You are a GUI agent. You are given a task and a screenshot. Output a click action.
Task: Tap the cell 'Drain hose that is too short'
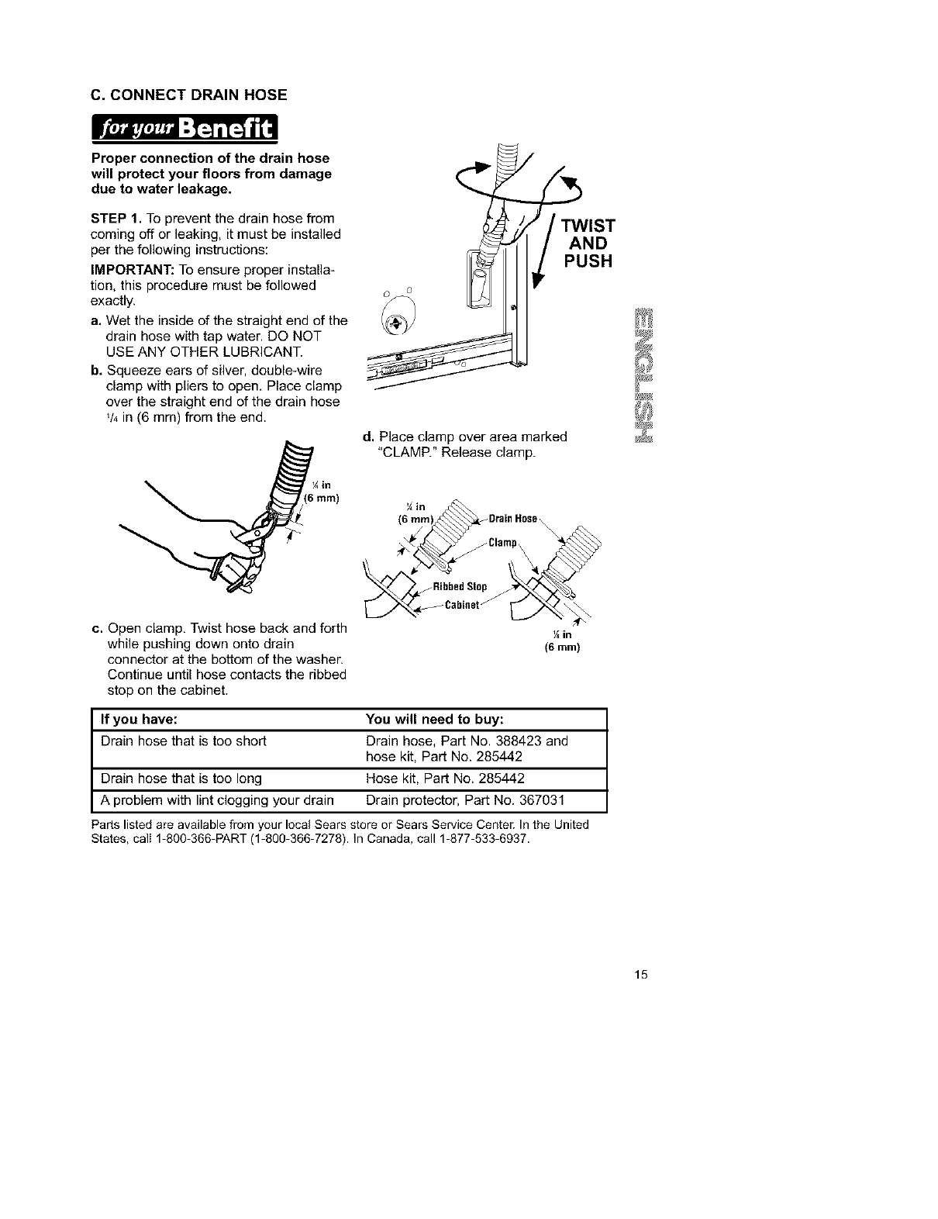(x=184, y=741)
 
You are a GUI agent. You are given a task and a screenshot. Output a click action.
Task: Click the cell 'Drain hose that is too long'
(x=181, y=778)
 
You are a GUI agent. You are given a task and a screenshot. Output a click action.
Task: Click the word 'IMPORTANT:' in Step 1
(x=126, y=271)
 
